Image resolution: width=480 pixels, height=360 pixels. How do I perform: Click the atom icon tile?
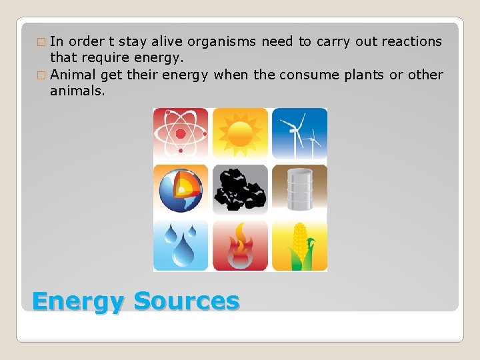pyautogui.click(x=181, y=133)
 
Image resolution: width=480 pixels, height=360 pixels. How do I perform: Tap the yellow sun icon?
pyautogui.click(x=240, y=133)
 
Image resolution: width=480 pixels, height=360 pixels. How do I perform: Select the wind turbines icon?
pyautogui.click(x=299, y=133)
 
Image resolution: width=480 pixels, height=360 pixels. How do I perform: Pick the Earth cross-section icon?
pyautogui.click(x=181, y=189)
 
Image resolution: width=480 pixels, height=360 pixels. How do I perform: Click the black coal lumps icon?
pyautogui.click(x=240, y=189)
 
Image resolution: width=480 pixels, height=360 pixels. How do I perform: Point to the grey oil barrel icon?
pyautogui.click(x=299, y=189)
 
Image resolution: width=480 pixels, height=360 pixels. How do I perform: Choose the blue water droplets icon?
pyautogui.click(x=181, y=246)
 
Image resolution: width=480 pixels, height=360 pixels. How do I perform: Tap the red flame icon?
pyautogui.click(x=240, y=246)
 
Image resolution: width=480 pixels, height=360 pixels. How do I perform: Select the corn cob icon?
pyautogui.click(x=299, y=246)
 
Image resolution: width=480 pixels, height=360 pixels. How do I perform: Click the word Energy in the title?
pyautogui.click(x=78, y=301)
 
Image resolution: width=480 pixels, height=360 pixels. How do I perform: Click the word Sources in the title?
pyautogui.click(x=186, y=301)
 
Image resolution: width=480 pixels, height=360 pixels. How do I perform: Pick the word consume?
pyautogui.click(x=309, y=75)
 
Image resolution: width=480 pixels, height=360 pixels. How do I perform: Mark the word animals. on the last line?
pyautogui.click(x=77, y=91)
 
